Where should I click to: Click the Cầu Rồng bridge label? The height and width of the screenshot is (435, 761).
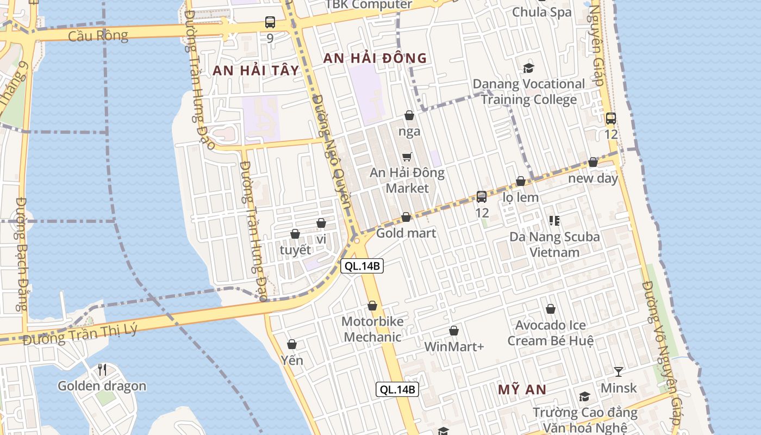[x=98, y=36]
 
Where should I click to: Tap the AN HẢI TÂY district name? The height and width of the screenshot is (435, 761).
[x=256, y=70]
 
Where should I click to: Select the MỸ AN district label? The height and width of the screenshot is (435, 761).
[x=522, y=389]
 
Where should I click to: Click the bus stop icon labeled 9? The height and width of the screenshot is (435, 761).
[x=270, y=22]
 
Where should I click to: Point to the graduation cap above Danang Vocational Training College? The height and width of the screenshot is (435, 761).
[x=528, y=68]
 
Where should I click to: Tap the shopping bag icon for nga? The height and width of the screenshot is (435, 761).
[x=409, y=115]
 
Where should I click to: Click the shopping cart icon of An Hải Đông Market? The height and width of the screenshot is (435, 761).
[x=407, y=157]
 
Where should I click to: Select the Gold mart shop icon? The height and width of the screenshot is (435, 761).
[x=406, y=217]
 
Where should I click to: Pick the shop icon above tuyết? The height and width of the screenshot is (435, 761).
[x=295, y=234]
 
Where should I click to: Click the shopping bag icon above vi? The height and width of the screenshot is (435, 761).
[x=321, y=223]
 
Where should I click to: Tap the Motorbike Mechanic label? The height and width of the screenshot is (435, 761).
[x=372, y=329]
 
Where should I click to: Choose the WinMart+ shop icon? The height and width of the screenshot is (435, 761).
[x=454, y=331]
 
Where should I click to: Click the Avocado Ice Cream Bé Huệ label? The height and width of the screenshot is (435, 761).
[x=551, y=333]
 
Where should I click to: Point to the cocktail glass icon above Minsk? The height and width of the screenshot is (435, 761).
[x=619, y=372]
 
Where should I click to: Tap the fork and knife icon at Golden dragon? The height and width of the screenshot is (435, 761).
[x=102, y=370]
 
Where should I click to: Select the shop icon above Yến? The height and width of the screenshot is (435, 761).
[x=292, y=344]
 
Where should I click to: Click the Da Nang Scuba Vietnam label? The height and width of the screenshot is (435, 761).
[x=554, y=244]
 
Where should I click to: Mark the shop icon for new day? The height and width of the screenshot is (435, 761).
[x=593, y=162]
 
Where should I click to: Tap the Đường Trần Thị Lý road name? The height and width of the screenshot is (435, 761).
[x=80, y=333]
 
